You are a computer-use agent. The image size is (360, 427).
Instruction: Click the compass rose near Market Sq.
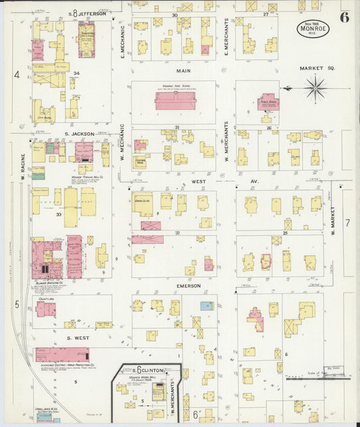click(315, 88)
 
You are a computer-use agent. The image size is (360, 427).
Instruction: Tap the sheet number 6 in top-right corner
click(344, 18)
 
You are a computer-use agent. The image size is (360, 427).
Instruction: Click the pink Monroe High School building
click(184, 101)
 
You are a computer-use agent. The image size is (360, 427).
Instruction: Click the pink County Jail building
click(46, 309)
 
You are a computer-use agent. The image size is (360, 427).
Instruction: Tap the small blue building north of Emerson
click(207, 306)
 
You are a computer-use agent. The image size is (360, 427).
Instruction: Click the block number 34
click(77, 73)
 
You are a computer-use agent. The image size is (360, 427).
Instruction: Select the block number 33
click(59, 214)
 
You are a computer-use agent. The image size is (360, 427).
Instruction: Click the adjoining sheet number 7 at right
click(348, 222)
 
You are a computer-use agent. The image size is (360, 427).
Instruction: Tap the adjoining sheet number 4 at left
click(16, 75)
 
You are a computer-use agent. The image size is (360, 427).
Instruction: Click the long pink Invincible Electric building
click(62, 355)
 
